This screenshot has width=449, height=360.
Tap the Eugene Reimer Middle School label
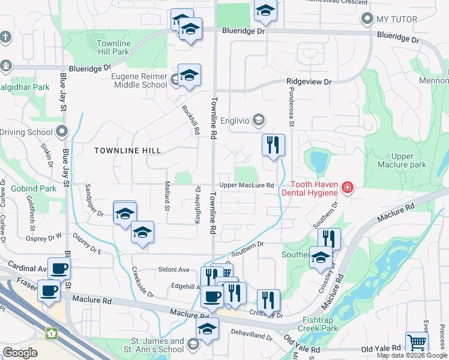139,80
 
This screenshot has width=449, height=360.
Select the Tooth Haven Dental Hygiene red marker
347,188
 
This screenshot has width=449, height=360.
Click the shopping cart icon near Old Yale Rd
417,343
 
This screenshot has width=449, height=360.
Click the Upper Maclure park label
401,160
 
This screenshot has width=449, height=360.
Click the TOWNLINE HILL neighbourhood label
124,151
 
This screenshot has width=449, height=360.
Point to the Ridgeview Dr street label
309,81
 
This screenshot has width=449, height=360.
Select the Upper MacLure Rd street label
246,185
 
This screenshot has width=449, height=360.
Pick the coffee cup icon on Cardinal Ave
59,269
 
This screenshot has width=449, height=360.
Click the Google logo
20,353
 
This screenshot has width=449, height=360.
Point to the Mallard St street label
167,196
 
